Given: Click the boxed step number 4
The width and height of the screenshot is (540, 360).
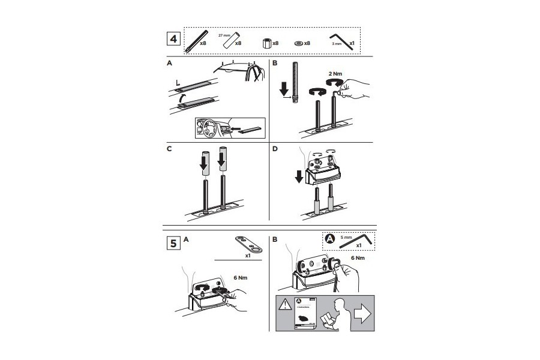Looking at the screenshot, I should [173, 39].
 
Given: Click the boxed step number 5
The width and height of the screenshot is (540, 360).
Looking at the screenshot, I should [173, 244].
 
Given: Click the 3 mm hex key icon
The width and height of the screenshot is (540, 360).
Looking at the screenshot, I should [343, 40].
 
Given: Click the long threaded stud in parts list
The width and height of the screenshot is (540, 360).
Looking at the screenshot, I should [193, 41].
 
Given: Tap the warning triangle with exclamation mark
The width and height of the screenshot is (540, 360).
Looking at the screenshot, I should [284, 304].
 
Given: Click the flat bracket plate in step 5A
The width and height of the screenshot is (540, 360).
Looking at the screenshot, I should [249, 245].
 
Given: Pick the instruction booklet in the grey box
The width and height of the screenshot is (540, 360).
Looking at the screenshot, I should [306, 312].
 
